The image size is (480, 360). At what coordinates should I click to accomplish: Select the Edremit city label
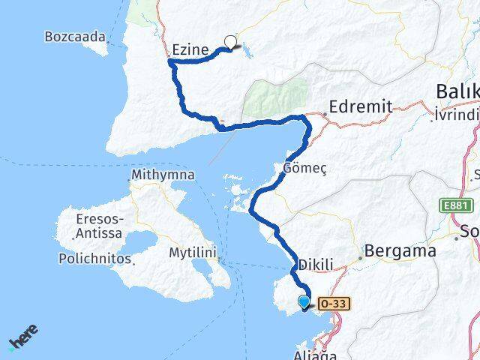tap(361, 107)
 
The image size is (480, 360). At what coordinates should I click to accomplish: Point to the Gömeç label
tap(305, 167)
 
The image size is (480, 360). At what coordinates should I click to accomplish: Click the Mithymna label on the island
tap(163, 175)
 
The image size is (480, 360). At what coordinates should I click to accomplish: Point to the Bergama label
tap(400, 252)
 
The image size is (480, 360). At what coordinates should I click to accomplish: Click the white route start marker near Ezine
tap(230, 43)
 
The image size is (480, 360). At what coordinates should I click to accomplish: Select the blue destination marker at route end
tap(304, 302)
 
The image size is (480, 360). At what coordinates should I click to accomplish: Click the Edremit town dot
tap(324, 114)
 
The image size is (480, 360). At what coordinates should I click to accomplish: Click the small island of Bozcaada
tap(97, 46)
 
